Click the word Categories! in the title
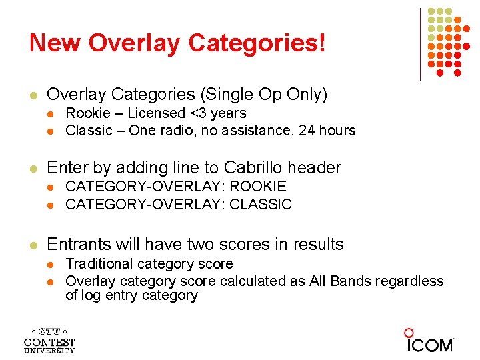[257, 43]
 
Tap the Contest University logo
[49, 340]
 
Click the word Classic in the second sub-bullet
[89, 130]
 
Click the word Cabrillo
[255, 168]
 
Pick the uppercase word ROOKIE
[257, 187]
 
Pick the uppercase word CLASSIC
[260, 204]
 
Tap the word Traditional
[99, 264]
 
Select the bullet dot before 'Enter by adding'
[34, 169]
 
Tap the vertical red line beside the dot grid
[420, 44]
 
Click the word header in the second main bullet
[317, 168]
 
